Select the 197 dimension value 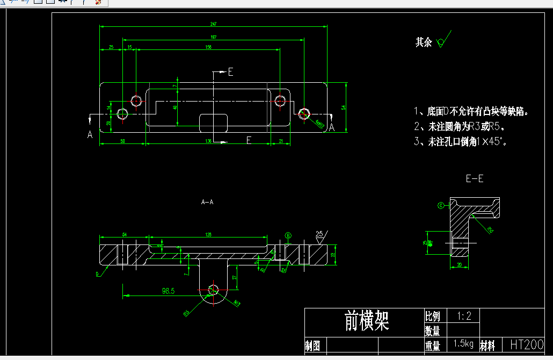click(213, 37)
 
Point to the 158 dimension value click(208, 47)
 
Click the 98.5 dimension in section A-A click(168, 291)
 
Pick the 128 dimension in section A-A click(207, 234)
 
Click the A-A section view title click(207, 202)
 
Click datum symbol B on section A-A click(288, 235)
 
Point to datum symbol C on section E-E click(441, 205)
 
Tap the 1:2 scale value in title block click(463, 316)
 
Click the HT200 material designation click(526, 344)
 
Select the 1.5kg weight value click(463, 344)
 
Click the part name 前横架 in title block click(367, 320)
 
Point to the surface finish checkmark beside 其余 click(443, 41)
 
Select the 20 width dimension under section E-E click(459, 265)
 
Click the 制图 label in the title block click(312, 345)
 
